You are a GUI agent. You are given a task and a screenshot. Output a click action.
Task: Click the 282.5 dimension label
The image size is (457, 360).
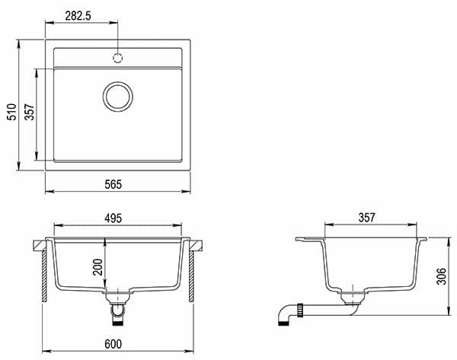[78, 16]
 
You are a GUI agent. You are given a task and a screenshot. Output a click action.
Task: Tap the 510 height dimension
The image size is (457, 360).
[12, 112]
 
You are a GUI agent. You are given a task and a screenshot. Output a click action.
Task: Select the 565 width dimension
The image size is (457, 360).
[113, 184]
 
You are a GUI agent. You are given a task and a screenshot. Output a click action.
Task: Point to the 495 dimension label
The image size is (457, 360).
[113, 218]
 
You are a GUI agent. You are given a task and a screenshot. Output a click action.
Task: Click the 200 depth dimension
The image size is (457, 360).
[97, 267]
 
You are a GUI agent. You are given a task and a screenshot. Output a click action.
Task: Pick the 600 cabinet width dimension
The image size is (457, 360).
[113, 344]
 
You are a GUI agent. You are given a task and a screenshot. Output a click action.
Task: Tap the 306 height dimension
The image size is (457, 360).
[441, 276]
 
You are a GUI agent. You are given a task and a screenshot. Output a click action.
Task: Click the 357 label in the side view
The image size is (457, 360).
[366, 218]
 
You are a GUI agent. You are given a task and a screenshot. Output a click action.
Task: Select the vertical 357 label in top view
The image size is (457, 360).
[30, 112]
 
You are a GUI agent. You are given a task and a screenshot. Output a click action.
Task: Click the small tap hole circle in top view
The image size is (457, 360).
[118, 58]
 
